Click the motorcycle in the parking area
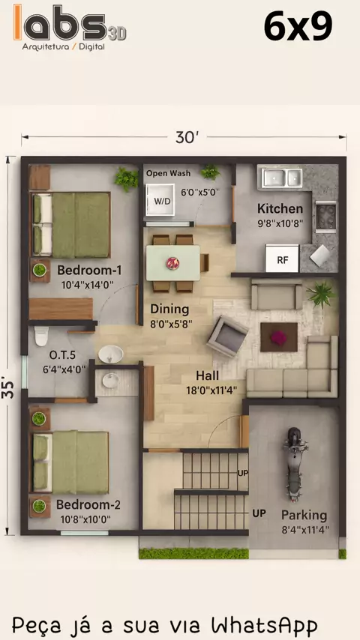pos(293,465)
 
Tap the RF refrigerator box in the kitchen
pos(282,259)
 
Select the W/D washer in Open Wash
pos(160,199)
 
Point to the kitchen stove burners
pos(325,217)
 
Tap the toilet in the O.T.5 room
pos(41,336)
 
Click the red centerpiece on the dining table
pos(172,263)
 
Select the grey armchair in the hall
pos(227,336)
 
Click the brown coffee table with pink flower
pos(279,337)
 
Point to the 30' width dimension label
pos(187,138)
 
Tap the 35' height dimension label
pos(7,390)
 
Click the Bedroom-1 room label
pos(89,271)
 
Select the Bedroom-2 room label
pos(88,505)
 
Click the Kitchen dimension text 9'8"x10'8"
pos(280,223)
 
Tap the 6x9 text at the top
pos(298,26)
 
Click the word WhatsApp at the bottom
pos(265,625)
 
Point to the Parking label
pos(304,516)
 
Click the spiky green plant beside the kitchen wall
pos(321,294)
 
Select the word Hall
pos(207,375)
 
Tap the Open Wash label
pos(168,173)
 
